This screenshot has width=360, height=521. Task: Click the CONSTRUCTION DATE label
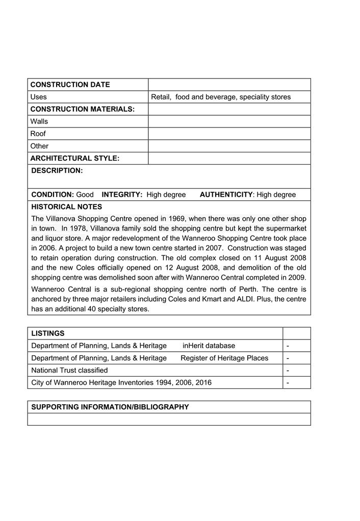(x=70, y=85)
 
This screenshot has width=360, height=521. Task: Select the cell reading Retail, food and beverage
(x=220, y=97)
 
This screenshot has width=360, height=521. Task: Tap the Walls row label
(x=39, y=121)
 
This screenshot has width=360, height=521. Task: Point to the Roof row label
(x=38, y=134)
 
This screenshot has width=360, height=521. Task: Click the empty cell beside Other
(x=229, y=146)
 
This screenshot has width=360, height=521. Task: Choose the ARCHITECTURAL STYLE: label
(x=74, y=158)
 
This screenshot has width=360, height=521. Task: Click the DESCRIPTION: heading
(x=57, y=171)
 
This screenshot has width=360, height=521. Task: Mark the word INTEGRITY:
(x=122, y=195)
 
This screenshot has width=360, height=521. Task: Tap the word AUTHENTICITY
(x=226, y=195)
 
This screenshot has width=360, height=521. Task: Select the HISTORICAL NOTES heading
(x=67, y=207)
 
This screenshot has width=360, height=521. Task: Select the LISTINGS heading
(x=48, y=333)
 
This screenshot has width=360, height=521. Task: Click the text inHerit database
(x=209, y=346)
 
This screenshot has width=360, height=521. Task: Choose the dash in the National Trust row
(x=288, y=371)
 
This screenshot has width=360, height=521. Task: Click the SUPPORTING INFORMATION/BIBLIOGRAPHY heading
(x=110, y=407)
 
